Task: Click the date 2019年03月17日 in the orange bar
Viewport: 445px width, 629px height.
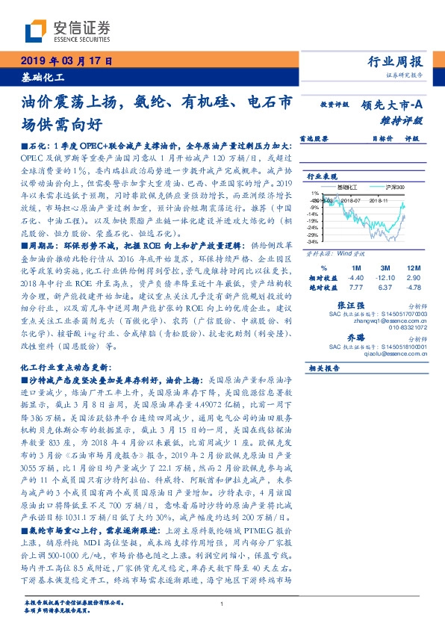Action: (x=65, y=61)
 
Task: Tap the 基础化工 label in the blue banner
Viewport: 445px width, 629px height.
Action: (x=42, y=77)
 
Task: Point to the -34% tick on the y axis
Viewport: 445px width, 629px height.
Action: (x=314, y=242)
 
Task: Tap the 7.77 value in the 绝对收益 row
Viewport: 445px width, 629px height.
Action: (x=355, y=287)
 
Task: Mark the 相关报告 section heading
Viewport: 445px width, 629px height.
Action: (x=325, y=368)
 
